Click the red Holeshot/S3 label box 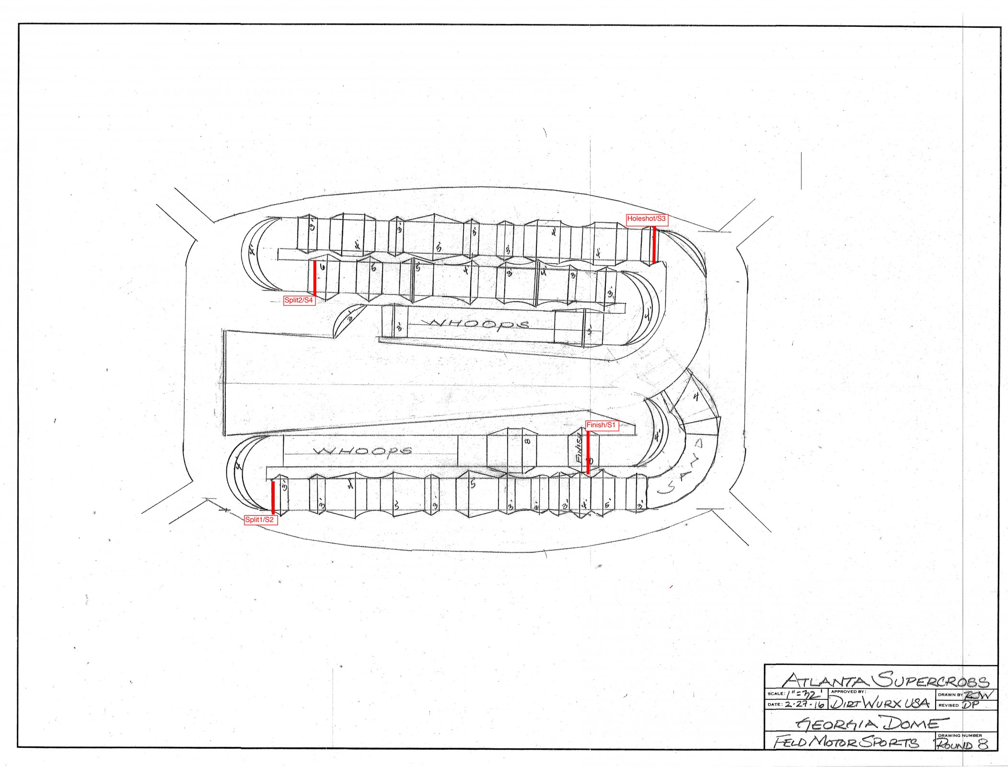pyautogui.click(x=646, y=219)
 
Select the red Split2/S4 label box pyautogui.click(x=299, y=301)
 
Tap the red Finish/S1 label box pyautogui.click(x=601, y=425)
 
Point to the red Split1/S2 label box pyautogui.click(x=260, y=520)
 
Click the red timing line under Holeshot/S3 pyautogui.click(x=654, y=244)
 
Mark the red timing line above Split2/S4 pyautogui.click(x=314, y=279)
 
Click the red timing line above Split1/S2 pyautogui.click(x=273, y=497)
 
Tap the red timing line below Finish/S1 pyautogui.click(x=588, y=453)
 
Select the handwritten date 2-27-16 pyautogui.click(x=804, y=705)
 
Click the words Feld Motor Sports pyautogui.click(x=846, y=742)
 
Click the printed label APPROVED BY pyautogui.click(x=848, y=692)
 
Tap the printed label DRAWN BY pyautogui.click(x=950, y=695)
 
